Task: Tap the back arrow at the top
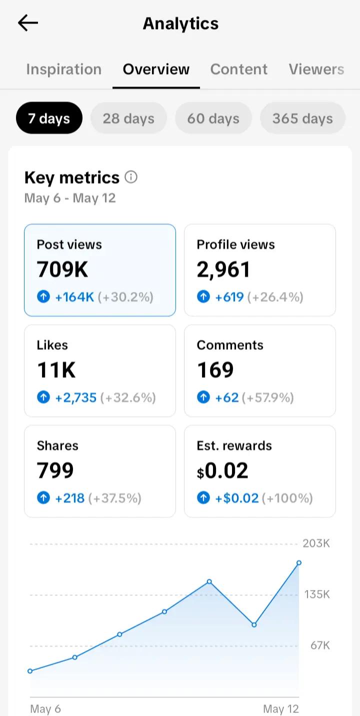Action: point(28,22)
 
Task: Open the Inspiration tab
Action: point(64,69)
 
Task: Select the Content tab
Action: point(239,69)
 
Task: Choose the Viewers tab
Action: point(316,69)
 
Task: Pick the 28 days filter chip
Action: point(128,118)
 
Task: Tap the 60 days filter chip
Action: point(213,118)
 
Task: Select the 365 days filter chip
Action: point(302,118)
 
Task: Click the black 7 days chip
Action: point(49,118)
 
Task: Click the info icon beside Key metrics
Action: point(131,177)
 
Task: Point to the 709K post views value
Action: point(62,269)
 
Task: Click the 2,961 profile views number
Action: point(223,269)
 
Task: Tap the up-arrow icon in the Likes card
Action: point(43,397)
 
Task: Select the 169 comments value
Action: point(215,370)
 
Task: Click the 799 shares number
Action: point(55,470)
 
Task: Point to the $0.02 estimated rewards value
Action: point(222,471)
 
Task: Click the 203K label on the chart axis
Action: point(316,543)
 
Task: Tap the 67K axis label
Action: point(320,645)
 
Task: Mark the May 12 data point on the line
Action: point(299,563)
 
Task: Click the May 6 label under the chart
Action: point(45,709)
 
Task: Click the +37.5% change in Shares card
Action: point(115,498)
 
